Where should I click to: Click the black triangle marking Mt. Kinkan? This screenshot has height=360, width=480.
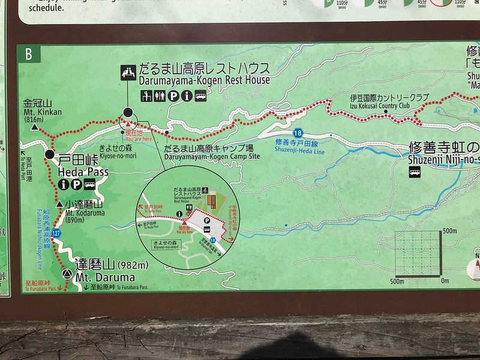pos(35,128)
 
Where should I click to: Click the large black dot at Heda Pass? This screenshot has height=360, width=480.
pos(49,155)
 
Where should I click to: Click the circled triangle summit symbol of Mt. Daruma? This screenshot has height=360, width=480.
pos(66,274)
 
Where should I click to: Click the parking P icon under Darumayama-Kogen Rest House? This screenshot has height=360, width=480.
pos(173,95)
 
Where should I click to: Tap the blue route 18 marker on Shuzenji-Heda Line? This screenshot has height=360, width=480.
pos(298,133)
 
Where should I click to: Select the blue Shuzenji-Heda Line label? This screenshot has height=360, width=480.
pos(298,151)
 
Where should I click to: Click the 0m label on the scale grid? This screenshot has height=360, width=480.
pos(445,280)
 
